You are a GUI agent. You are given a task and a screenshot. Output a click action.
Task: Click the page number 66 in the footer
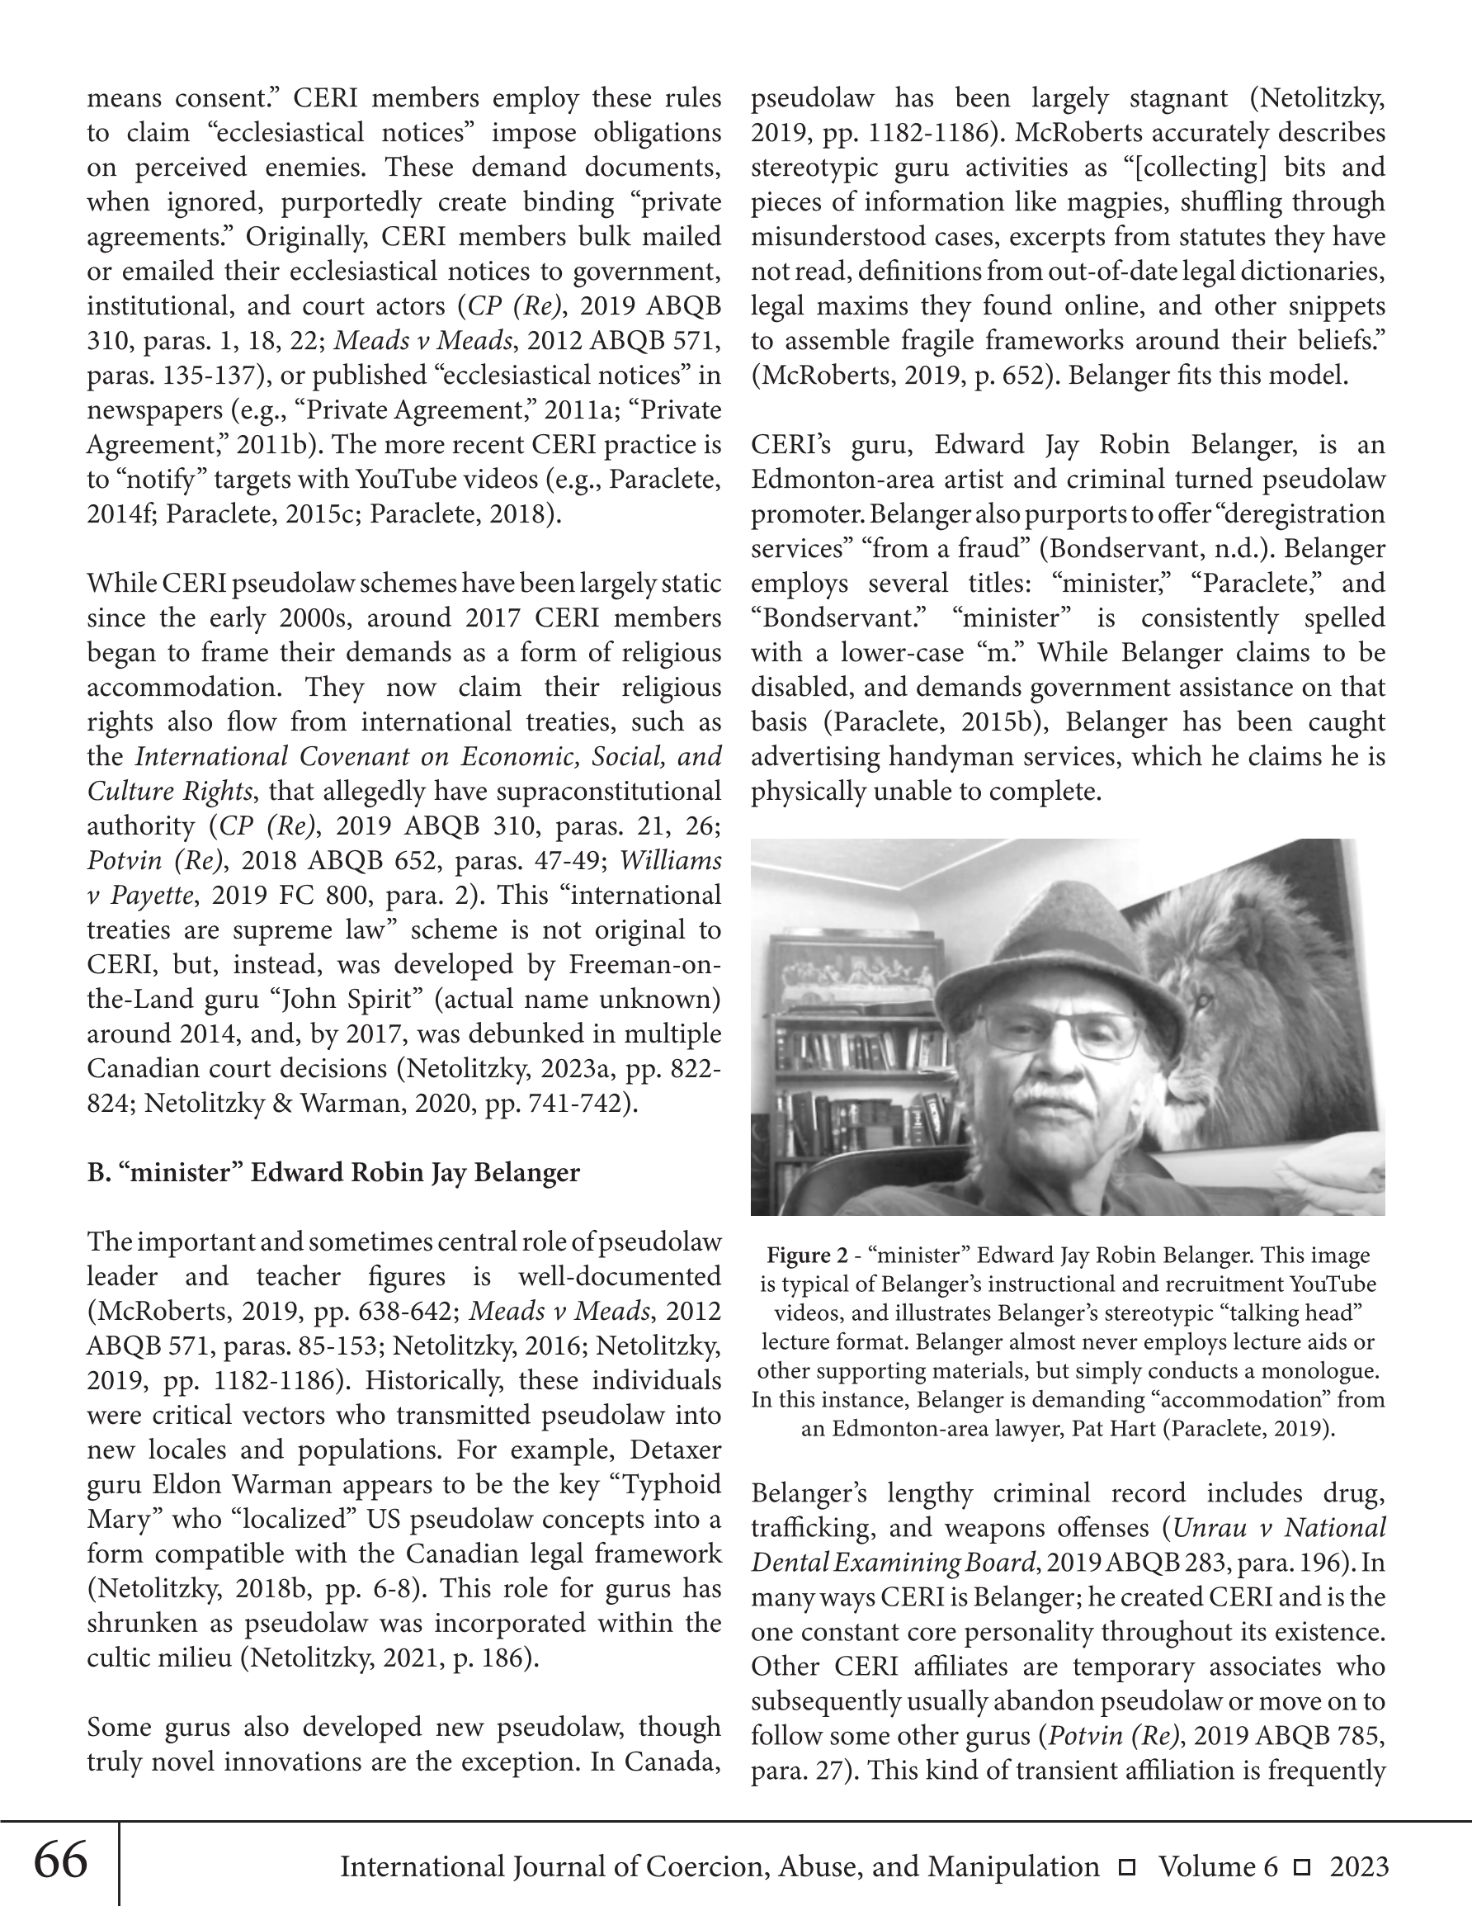(60, 1861)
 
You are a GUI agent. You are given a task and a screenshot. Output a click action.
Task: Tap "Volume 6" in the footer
(1217, 1866)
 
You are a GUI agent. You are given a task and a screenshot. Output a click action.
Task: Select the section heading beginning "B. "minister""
(333, 1172)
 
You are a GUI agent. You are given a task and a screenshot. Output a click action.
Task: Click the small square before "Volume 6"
(1126, 1867)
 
